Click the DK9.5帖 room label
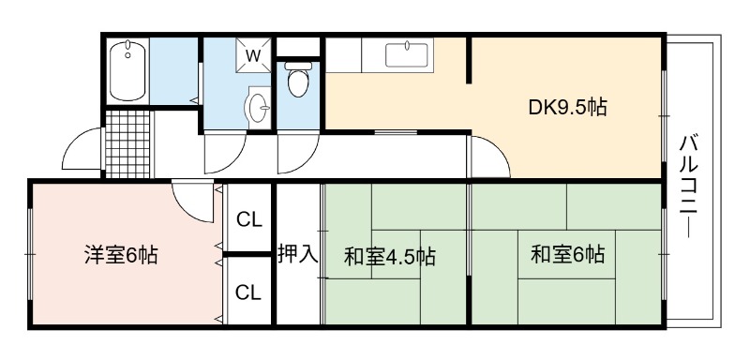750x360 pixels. click(x=568, y=107)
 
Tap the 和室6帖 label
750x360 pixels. click(x=568, y=254)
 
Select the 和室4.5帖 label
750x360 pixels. click(x=390, y=257)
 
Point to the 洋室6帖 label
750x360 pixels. click(x=121, y=254)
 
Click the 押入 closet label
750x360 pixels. click(x=298, y=253)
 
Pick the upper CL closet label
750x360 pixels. click(x=249, y=220)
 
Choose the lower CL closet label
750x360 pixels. click(x=249, y=292)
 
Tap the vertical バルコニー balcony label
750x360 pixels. click(x=689, y=187)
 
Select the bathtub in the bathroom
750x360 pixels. click(x=127, y=70)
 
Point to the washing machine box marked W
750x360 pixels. click(x=253, y=55)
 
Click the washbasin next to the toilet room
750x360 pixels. click(x=259, y=107)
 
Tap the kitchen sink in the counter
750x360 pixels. click(x=407, y=55)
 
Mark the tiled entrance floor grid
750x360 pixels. click(x=127, y=143)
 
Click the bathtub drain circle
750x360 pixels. click(x=127, y=55)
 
